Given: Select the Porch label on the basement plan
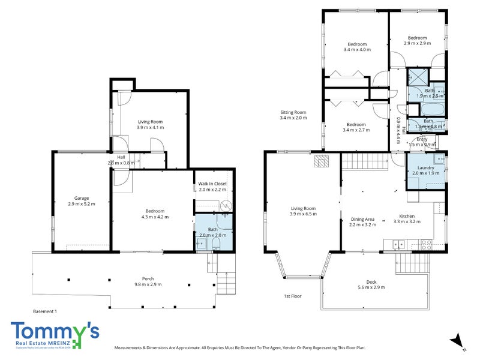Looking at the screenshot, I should (147, 278).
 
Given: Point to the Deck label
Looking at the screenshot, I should (376, 282).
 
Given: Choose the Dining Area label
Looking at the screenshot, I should (363, 219).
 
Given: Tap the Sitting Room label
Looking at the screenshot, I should (293, 112).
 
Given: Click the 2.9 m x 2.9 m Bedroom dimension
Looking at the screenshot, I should (417, 43).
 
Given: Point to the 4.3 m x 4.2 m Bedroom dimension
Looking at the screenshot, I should (155, 217).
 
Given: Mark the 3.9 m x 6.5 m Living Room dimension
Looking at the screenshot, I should (302, 214).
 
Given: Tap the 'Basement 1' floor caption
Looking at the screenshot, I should (45, 311).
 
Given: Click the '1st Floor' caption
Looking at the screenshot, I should (293, 296).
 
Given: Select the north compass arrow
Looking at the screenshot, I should (458, 340).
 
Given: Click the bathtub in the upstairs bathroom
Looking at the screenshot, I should (431, 110).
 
